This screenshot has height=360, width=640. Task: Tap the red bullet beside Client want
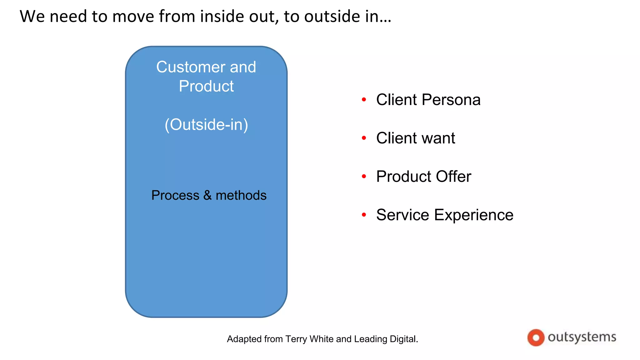coord(364,138)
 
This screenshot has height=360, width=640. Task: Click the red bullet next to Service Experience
coord(364,215)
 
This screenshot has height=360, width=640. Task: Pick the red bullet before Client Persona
coord(364,100)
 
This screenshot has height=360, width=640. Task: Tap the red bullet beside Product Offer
coord(364,176)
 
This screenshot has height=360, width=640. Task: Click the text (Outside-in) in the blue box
coord(206,125)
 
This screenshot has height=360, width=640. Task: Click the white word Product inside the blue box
coord(206,86)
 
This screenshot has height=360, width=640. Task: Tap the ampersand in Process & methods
coord(207,196)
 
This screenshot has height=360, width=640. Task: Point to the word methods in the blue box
coord(241,196)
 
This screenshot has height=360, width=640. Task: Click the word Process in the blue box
coord(175,196)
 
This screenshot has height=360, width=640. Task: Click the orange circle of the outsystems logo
coord(536,337)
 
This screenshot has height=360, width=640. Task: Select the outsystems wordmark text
coord(582,337)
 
